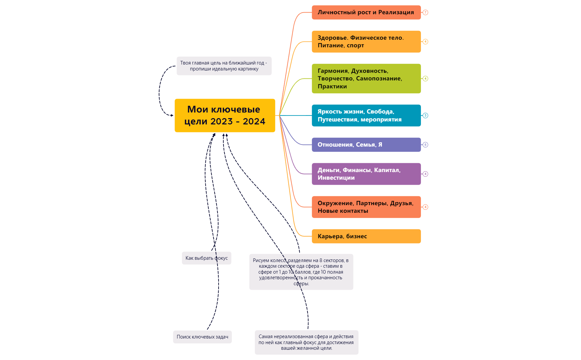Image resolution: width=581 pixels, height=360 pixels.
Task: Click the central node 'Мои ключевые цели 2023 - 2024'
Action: coord(225,115)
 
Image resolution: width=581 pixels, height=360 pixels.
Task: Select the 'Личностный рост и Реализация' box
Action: coord(366,13)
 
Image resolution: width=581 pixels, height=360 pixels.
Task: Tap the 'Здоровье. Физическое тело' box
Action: coord(366,42)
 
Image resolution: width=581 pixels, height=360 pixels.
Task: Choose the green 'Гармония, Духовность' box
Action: coord(366,79)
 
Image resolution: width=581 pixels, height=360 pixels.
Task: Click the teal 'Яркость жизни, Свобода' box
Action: coord(366,115)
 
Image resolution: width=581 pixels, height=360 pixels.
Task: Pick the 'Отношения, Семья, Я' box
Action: coord(366,145)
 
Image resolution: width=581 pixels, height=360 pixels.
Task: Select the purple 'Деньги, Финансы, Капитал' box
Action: coord(366,174)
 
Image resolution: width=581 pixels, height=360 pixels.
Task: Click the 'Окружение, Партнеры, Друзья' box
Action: coord(366,207)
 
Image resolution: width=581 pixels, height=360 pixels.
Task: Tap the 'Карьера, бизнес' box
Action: coord(366,236)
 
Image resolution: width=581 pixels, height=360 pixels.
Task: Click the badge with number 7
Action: coord(426,13)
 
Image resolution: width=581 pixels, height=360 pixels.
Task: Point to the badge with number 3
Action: coord(426,115)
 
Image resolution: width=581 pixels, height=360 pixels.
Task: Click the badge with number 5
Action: coord(426,145)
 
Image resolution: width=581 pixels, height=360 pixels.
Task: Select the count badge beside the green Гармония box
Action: coord(426,79)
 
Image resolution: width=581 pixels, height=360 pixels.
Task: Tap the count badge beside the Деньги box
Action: coord(426,174)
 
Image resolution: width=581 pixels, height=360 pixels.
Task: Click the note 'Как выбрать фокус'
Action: coord(206,258)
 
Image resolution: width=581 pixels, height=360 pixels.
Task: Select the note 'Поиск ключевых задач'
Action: coord(202,337)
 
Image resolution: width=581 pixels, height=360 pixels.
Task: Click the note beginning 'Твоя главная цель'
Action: coord(224,66)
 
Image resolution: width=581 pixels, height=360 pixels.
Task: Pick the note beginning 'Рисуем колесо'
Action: coord(301,272)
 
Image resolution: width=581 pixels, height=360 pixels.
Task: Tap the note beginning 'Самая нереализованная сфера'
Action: coord(306,342)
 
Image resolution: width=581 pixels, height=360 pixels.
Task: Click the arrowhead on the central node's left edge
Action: coord(172,115)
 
